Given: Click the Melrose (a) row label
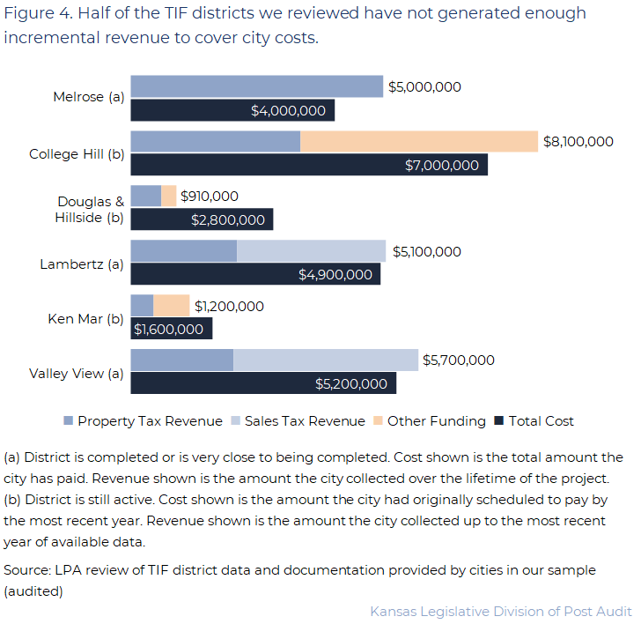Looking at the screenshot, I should coord(88,98).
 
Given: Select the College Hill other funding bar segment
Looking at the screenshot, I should coord(418,141).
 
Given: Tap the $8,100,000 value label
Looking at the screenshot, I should coord(578,141).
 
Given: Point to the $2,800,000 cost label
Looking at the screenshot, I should coord(227,219).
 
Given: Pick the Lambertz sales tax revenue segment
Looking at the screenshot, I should coord(311,250).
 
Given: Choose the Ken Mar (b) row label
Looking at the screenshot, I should coord(85,318).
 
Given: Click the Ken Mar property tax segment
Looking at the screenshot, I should coord(142,305).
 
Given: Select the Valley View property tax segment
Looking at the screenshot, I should coord(181,360).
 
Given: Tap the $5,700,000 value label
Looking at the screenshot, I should coord(458,360).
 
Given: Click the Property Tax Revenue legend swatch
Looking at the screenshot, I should coord(69,421).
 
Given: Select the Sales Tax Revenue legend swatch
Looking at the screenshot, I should coord(235,421).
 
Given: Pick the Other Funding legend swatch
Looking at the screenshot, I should coord(379,421).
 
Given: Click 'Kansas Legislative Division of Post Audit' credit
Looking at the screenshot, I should coord(500,612).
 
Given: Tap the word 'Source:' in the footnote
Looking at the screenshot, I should coord(26,570).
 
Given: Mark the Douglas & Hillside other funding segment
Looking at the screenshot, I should coord(168,196).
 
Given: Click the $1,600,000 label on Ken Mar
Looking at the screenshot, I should coord(168,329).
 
